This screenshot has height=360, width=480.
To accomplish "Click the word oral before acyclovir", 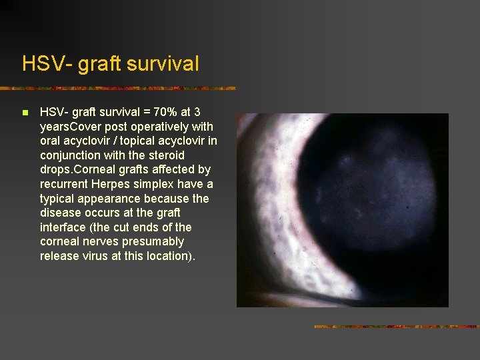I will coord(51,141).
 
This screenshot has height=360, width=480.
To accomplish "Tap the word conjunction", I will coord(70,155).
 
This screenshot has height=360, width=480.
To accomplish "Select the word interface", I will coord(63,227).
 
